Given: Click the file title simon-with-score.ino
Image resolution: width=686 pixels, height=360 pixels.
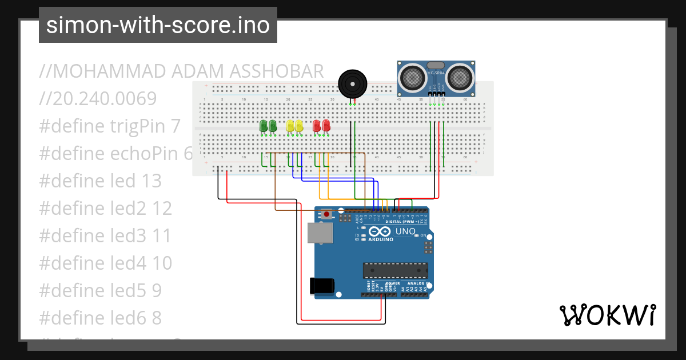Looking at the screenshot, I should [158, 25].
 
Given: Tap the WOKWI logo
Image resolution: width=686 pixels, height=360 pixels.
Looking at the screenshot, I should [607, 315].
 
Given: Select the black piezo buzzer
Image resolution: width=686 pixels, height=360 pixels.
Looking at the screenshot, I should [352, 83].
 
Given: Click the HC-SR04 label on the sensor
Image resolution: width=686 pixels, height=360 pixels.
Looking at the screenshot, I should [435, 74].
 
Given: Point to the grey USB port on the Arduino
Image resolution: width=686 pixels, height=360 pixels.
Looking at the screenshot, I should [320, 233].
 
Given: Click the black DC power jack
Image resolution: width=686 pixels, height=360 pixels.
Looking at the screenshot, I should [321, 286].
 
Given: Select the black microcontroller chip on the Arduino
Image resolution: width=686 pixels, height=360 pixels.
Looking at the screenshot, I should [396, 270].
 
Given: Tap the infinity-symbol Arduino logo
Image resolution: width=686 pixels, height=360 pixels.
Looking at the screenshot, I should [380, 231].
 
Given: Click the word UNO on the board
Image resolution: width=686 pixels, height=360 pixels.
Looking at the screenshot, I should [405, 231].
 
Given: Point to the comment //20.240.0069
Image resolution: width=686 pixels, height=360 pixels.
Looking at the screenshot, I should [98, 99].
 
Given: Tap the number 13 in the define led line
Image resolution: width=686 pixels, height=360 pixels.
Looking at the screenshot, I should [151, 181].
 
